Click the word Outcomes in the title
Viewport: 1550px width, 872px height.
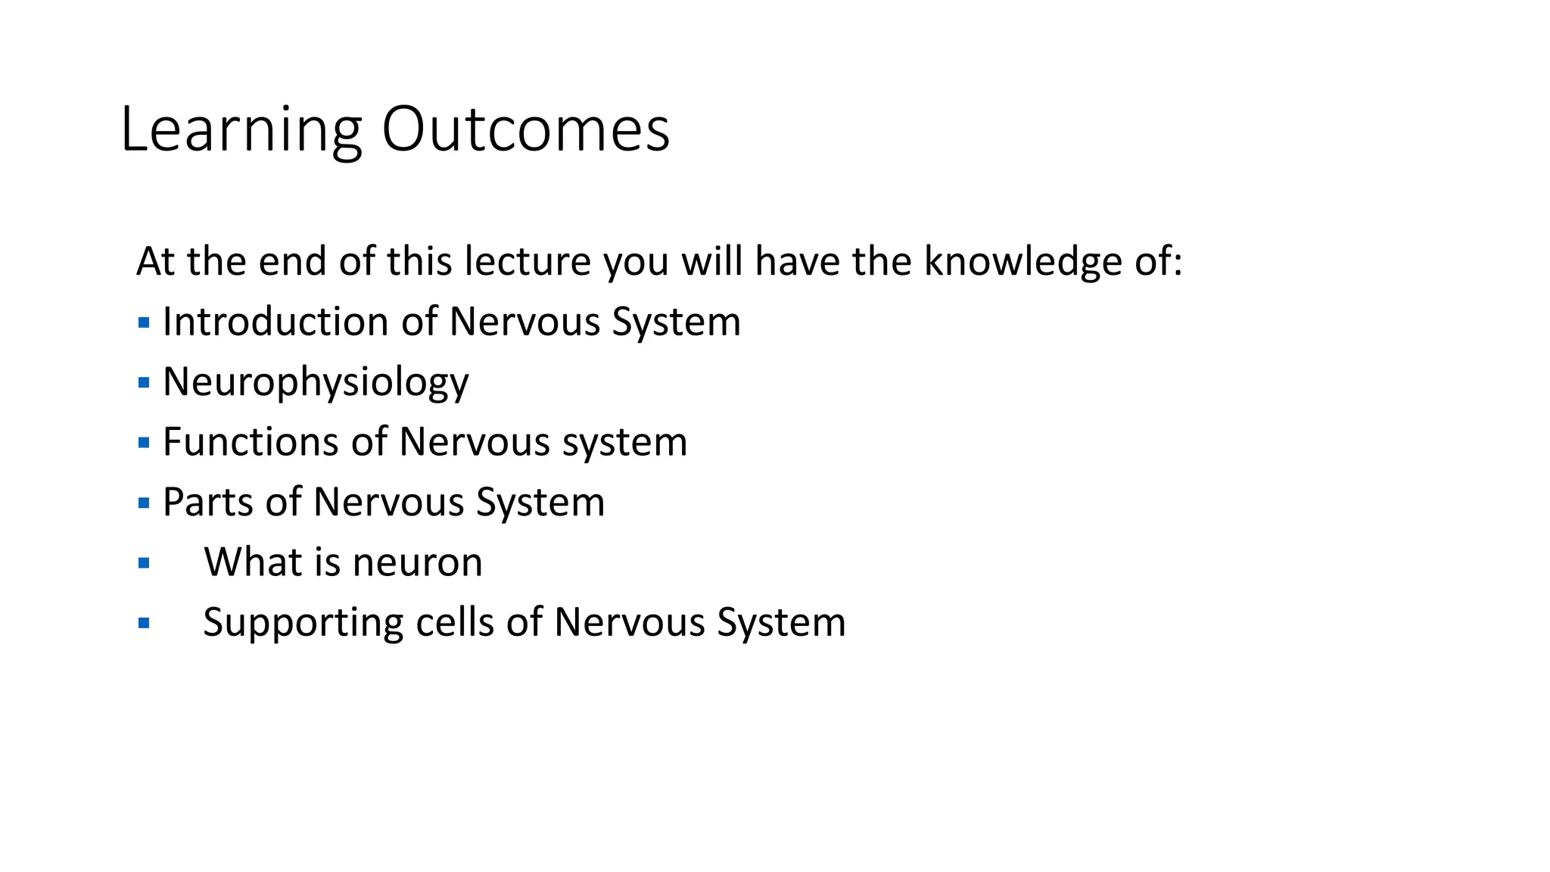pos(525,130)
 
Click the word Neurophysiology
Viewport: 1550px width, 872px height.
pos(316,382)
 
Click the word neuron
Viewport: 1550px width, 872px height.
pos(417,562)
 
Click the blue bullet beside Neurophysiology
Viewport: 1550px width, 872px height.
pos(144,383)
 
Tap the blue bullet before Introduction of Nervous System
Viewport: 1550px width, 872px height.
pos(144,323)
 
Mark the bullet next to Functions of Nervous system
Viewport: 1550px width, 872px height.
pos(144,443)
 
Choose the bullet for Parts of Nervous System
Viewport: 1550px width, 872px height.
pos(144,503)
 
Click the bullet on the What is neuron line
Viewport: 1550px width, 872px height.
pos(144,563)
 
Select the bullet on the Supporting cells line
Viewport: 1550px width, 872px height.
pos(144,624)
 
